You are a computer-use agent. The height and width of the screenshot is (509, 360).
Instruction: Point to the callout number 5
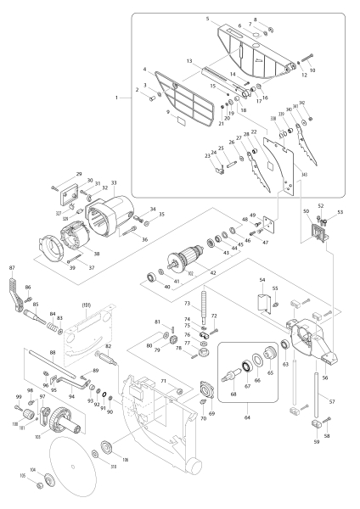[206, 18]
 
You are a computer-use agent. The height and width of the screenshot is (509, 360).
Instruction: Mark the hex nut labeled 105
[48, 482]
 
